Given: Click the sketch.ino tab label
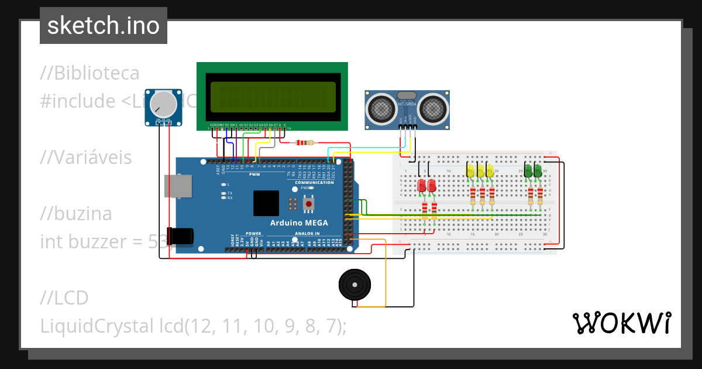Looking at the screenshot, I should click(103, 26).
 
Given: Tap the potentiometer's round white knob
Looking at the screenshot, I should click(163, 104).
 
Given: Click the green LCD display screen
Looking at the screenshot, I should click(272, 97).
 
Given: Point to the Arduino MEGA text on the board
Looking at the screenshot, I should click(299, 223).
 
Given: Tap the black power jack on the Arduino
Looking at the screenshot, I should click(179, 235).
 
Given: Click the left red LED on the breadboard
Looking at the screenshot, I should click(422, 185).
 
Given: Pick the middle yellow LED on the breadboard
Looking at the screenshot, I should click(481, 171).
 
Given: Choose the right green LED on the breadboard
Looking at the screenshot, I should click(537, 170).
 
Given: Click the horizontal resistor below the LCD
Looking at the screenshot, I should click(305, 142).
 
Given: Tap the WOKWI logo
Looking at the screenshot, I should click(621, 323).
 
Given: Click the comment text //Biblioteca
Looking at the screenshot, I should click(90, 73).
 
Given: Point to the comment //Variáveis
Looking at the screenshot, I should click(86, 158).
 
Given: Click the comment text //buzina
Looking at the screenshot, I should click(76, 214).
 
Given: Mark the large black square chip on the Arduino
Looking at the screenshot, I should click(266, 203).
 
